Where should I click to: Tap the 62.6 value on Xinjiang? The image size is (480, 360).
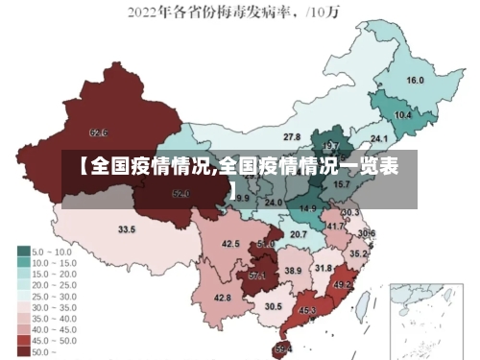coord(98,132)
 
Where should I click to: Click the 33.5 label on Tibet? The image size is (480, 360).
coord(127,229)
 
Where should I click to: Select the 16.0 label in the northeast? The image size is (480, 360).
coord(416,81)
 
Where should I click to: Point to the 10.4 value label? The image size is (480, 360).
coord(403,115)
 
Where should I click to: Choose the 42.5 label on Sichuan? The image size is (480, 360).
coord(230,244)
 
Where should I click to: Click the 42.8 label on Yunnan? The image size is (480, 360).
coord(222,298)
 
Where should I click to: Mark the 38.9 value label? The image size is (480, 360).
coord(293,272)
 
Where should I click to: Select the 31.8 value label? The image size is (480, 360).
coord(324,268)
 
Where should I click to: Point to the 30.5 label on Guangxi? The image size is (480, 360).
coord(274,306)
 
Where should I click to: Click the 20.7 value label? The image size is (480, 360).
coord(299,234)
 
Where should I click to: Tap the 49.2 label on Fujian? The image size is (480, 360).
coord(343,284)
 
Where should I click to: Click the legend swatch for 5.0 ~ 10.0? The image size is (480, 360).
coord(23,250)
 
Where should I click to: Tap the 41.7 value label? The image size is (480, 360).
coord(335,227)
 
